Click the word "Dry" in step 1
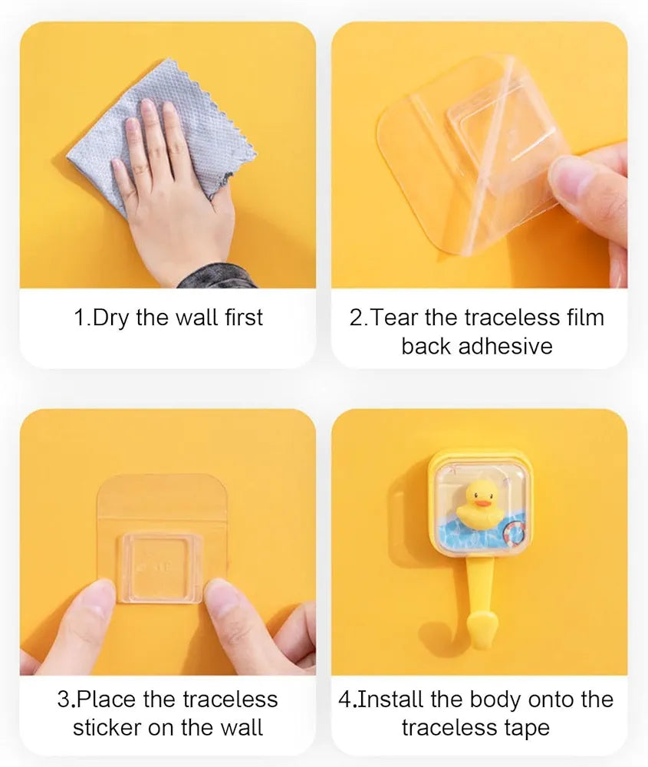(110, 318)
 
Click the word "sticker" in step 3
(107, 728)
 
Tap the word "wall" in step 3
(242, 728)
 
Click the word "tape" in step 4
(527, 729)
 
